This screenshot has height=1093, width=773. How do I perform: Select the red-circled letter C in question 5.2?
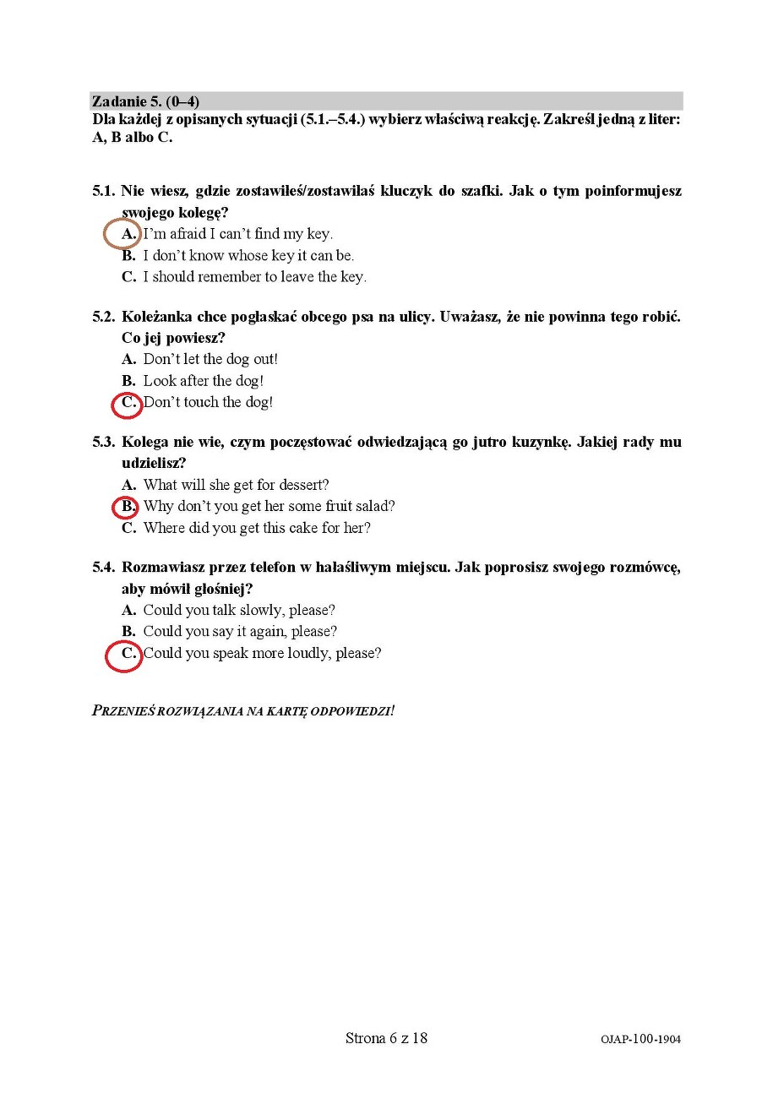click(x=128, y=403)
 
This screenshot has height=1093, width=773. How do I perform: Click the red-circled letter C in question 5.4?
click(x=128, y=654)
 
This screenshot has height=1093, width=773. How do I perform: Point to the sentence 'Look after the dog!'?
click(x=203, y=381)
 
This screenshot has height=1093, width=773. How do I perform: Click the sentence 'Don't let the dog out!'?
click(x=210, y=360)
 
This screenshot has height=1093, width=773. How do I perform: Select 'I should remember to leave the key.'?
click(x=254, y=277)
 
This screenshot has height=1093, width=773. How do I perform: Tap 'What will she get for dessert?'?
click(x=236, y=486)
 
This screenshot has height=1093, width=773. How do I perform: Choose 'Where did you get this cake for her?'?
click(x=257, y=529)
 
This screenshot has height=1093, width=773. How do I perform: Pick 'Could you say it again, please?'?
click(x=240, y=632)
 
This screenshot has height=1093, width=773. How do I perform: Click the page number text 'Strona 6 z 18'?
click(x=386, y=1038)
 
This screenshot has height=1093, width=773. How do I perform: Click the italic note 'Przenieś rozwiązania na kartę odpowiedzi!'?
click(x=243, y=710)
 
